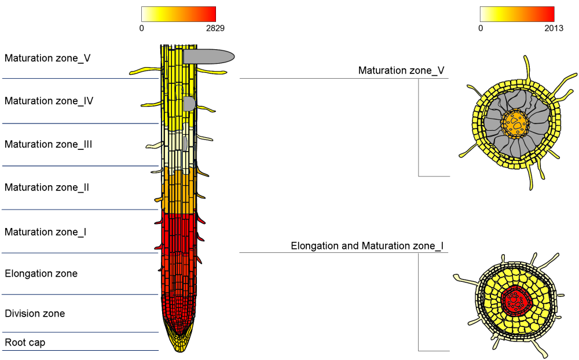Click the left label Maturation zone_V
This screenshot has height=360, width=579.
click(47, 58)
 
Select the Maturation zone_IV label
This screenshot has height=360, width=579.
click(49, 101)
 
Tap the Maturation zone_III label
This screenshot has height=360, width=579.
click(49, 144)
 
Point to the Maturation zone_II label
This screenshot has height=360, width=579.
click(47, 188)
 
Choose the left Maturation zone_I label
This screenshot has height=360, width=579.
click(46, 232)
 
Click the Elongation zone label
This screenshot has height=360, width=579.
click(41, 273)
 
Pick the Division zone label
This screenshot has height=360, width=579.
click(35, 314)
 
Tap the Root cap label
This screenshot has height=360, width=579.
click(25, 342)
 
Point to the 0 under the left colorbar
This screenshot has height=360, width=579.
click(141, 28)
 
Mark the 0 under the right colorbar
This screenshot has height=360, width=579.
click(480, 28)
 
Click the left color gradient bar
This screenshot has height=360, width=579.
click(178, 14)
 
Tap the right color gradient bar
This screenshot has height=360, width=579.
click(517, 14)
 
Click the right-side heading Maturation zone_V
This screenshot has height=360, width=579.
click(401, 71)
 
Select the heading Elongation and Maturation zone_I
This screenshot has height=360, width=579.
click(367, 246)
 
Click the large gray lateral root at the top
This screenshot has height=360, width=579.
click(208, 56)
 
